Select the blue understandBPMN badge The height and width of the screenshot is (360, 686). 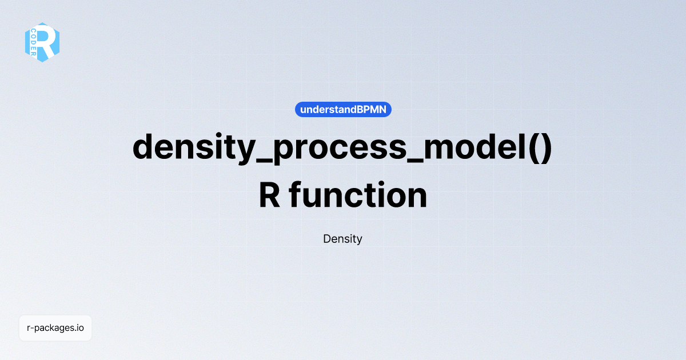pos(343,109)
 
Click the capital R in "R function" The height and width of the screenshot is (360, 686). pos(270,195)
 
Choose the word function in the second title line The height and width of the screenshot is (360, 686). pos(358,195)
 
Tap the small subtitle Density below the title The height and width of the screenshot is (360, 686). pos(342,239)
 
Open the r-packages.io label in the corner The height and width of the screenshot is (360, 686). pos(55,328)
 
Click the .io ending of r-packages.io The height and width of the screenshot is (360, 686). pos(79,328)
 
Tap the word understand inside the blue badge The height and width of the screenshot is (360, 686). pos(324,109)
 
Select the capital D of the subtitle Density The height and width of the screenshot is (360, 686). pos(326,239)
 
